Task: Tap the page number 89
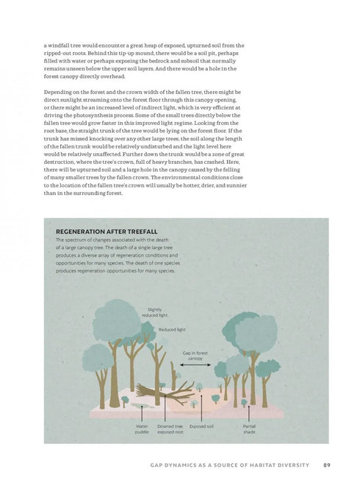coord(326,465)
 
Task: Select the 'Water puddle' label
coord(142,429)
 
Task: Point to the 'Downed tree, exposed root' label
coord(170,429)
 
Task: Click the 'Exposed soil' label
coord(201,426)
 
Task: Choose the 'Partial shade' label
coord(249,429)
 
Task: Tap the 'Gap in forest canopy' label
coord(195,355)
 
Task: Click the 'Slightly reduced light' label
coord(158,312)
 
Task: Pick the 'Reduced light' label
coord(173,329)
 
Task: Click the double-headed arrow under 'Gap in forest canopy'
coord(195,365)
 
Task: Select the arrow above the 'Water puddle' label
coord(142,412)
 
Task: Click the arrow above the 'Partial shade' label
coord(249,412)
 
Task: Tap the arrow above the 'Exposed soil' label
coord(201,412)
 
